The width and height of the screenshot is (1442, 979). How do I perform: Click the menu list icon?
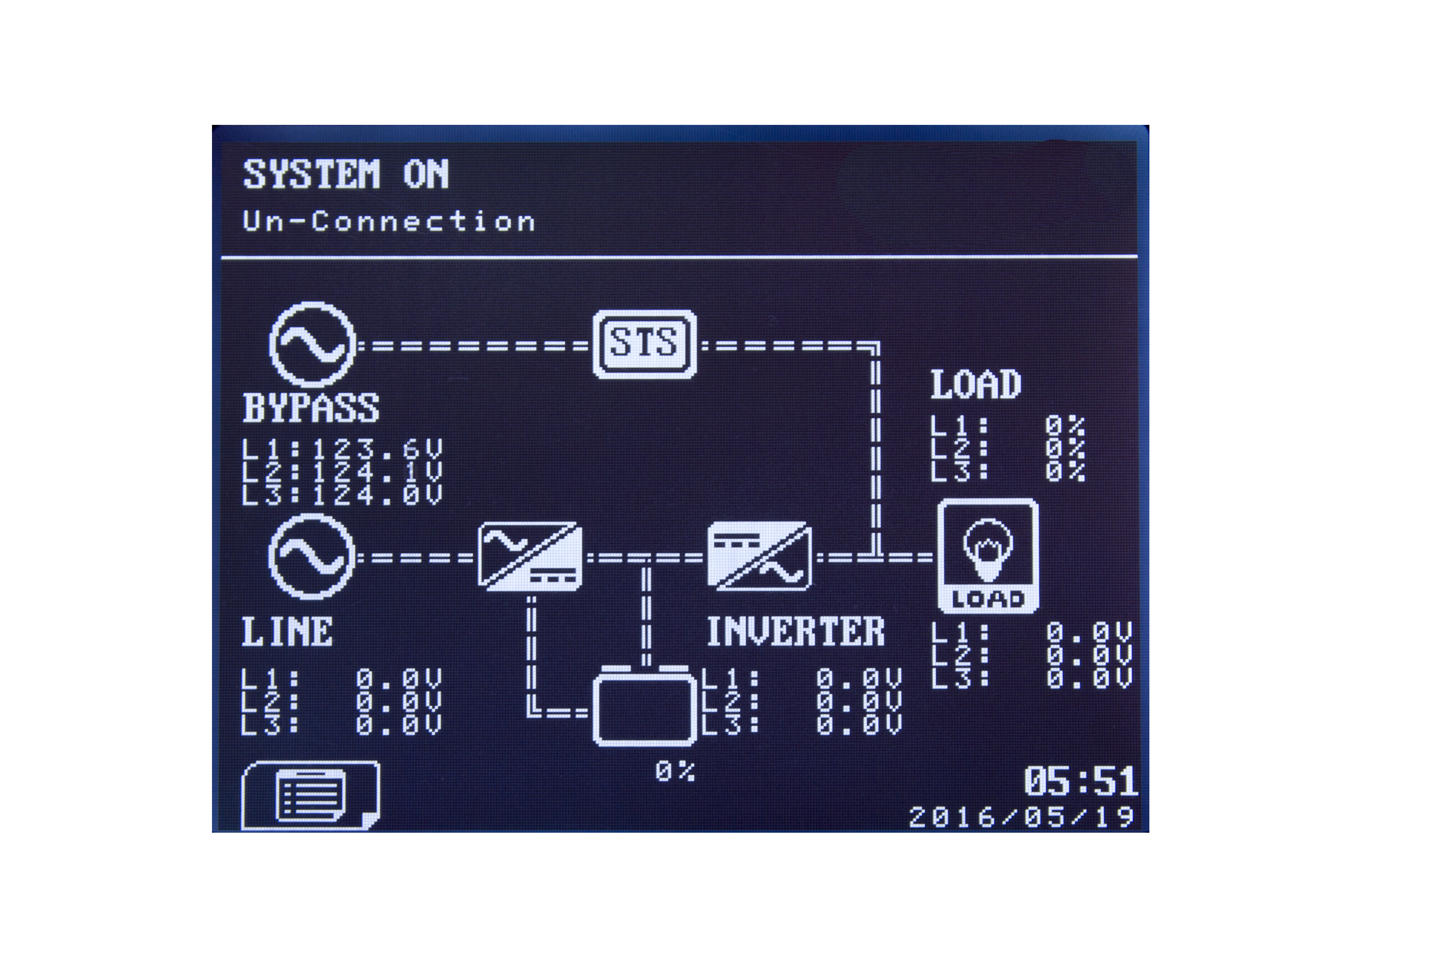(310, 796)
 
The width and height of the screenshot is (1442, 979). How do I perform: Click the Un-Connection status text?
(388, 221)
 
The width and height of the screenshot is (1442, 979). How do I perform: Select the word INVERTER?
(795, 632)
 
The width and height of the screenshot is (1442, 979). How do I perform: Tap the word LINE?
(287, 632)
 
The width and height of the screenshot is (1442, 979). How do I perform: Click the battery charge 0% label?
(675, 772)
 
